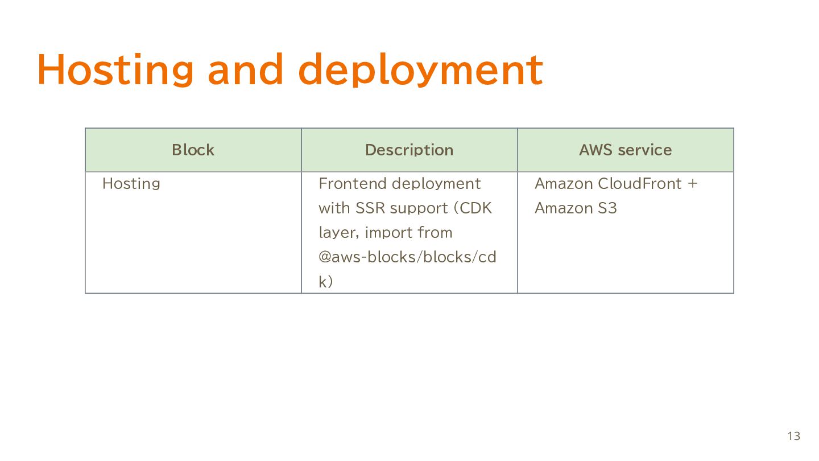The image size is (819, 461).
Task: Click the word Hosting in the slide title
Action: [x=115, y=70]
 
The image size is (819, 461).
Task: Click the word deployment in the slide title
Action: [x=420, y=70]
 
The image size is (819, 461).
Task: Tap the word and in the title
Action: [x=246, y=69]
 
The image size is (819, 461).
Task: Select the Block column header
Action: [x=193, y=150]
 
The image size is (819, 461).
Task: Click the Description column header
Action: [x=409, y=150]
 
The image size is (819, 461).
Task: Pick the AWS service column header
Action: [x=626, y=150]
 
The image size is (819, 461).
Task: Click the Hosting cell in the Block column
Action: [x=131, y=184]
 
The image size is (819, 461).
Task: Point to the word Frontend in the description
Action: [x=353, y=184]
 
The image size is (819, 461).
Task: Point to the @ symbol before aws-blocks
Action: [x=325, y=257]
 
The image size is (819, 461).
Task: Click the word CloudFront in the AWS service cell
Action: [x=640, y=184]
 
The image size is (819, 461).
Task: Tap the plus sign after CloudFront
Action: [x=693, y=184]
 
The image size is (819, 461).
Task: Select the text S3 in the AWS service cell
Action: [x=607, y=208]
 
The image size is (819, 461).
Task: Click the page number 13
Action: [x=794, y=436]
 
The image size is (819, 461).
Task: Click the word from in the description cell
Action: [x=435, y=233]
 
